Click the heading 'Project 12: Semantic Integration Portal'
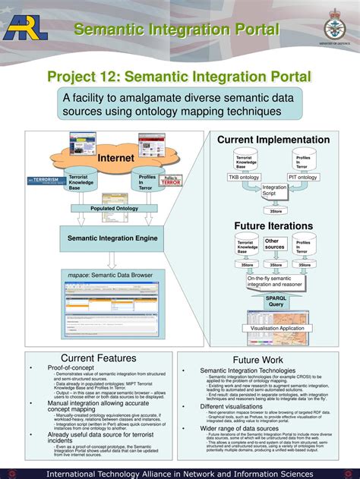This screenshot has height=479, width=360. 179,77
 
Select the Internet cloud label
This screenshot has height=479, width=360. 115,158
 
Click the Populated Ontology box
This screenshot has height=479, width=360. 114,208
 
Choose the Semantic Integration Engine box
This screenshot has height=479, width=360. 112,238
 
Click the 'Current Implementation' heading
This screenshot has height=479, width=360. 273,140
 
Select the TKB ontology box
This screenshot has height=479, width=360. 245,177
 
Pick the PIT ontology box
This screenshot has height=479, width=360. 302,177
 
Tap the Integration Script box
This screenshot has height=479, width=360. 274,190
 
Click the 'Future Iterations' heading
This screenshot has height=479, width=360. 273,226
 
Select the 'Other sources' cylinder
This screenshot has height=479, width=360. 273,244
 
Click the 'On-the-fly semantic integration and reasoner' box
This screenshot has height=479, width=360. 275,282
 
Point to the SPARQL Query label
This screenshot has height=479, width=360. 275,301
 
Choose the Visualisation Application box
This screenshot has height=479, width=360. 276,328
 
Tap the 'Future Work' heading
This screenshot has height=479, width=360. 258,360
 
